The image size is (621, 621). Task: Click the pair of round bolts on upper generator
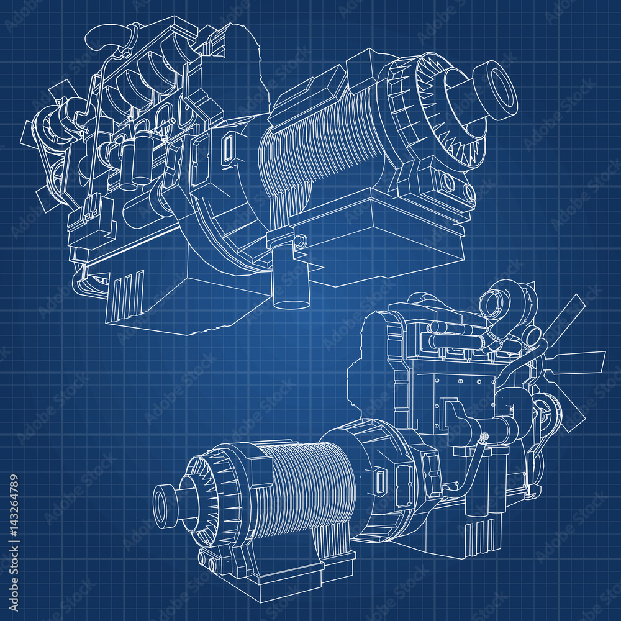(x=447, y=182)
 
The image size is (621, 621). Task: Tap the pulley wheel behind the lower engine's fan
(x=540, y=413)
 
